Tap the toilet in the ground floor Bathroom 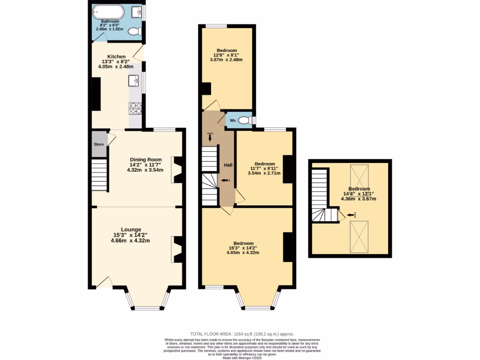click(135, 32)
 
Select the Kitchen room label click(116, 57)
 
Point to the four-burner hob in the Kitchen click(135, 109)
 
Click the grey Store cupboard click(98, 144)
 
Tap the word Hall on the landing click(228, 165)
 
